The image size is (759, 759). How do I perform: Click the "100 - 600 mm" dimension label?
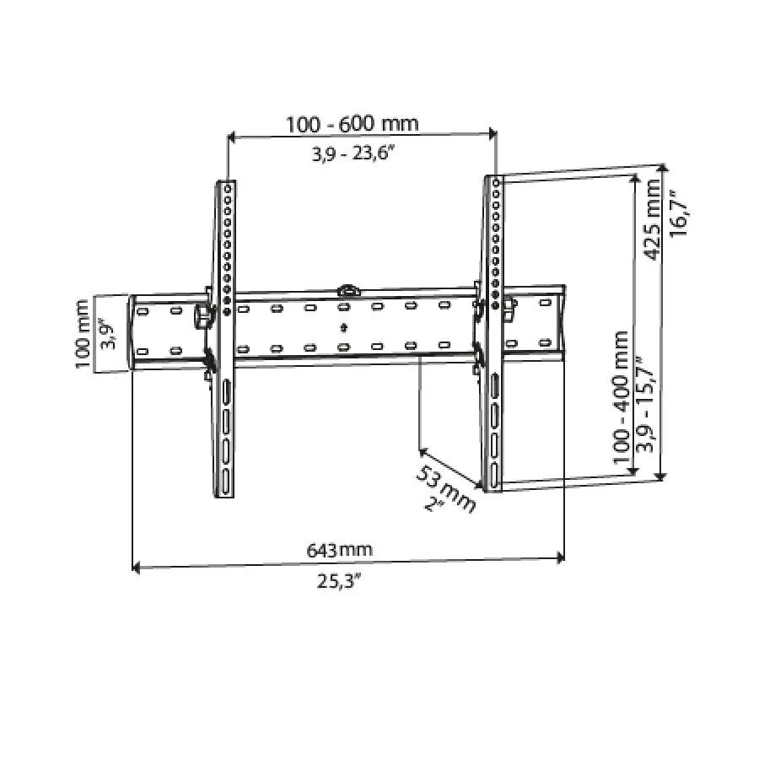pyautogui.click(x=352, y=124)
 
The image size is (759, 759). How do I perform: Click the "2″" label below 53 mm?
pyautogui.click(x=435, y=505)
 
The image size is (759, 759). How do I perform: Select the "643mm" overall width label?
pyautogui.click(x=339, y=551)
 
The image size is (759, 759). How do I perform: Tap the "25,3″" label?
pyautogui.click(x=341, y=583)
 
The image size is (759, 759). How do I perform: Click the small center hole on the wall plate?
pyautogui.click(x=343, y=327)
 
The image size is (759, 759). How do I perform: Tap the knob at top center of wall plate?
pyautogui.click(x=347, y=290)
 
